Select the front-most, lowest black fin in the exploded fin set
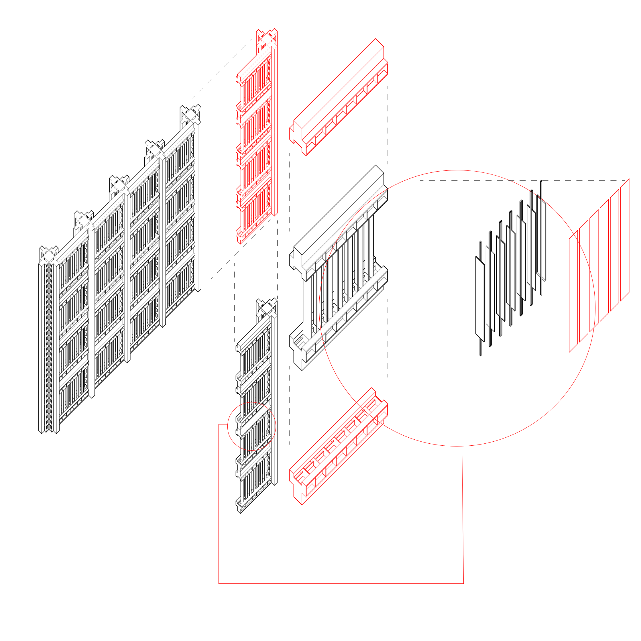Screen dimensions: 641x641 pyautogui.click(x=480, y=299)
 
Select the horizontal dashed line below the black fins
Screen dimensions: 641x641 pyautogui.click(x=431, y=356)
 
